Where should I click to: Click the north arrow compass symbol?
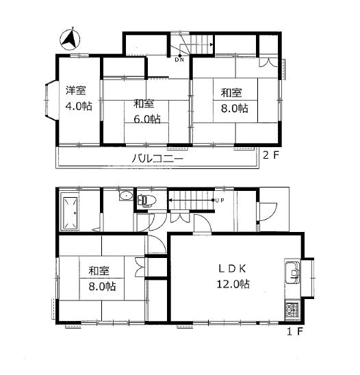(70, 40)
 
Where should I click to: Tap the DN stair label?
(179, 60)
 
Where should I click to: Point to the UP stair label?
(219, 201)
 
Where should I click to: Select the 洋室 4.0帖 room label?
(79, 99)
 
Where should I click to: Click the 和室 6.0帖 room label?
(147, 112)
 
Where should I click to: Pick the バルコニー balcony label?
(157, 158)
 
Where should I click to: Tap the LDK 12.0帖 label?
(233, 276)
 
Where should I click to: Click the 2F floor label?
(271, 155)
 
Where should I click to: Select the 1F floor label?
(295, 331)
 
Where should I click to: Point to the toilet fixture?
(146, 200)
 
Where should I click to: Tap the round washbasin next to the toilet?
(126, 196)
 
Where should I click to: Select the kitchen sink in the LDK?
(292, 272)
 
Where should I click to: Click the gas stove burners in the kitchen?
(292, 310)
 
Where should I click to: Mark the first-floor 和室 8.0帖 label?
(102, 279)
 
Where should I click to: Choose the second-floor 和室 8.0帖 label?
(234, 100)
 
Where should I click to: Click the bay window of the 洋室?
(51, 99)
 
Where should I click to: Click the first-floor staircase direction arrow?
(192, 201)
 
